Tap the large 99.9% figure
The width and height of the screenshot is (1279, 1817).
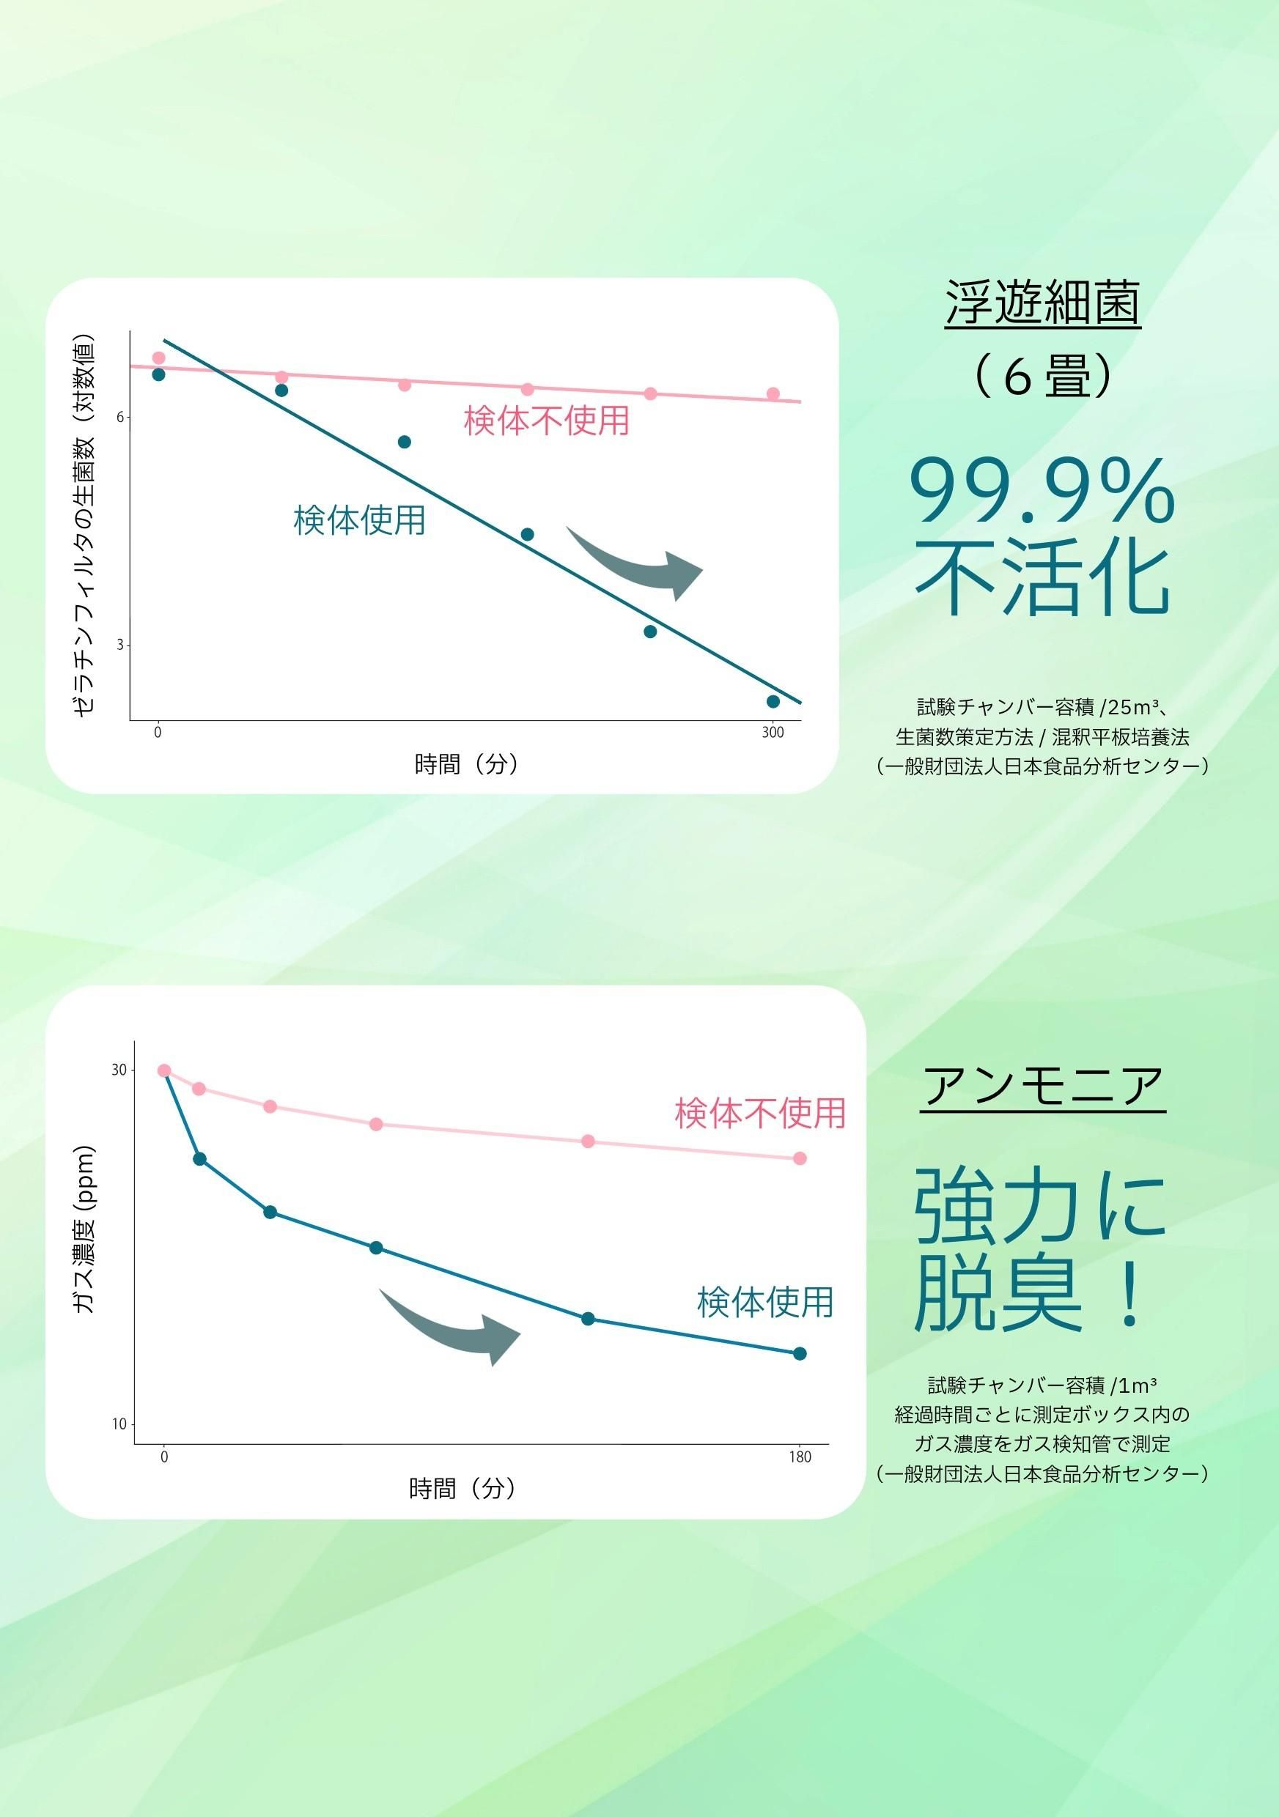click(1042, 493)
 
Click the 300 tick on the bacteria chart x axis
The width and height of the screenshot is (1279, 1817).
click(773, 732)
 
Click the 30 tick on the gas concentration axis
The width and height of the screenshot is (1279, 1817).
click(119, 1070)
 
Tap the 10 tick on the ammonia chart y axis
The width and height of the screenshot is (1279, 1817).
click(119, 1424)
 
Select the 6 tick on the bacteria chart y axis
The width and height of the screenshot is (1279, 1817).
click(120, 417)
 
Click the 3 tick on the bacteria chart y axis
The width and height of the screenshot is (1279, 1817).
click(120, 645)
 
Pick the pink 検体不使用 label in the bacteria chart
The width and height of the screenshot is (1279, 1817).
click(546, 421)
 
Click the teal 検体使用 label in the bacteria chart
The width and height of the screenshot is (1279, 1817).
click(359, 520)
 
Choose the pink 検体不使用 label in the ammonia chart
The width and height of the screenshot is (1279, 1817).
click(760, 1113)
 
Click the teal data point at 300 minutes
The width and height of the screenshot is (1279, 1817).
click(773, 701)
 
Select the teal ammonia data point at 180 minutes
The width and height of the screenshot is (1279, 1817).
click(800, 1353)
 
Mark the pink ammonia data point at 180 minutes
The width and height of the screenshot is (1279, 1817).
click(800, 1158)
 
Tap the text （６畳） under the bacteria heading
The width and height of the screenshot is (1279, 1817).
click(1042, 376)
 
